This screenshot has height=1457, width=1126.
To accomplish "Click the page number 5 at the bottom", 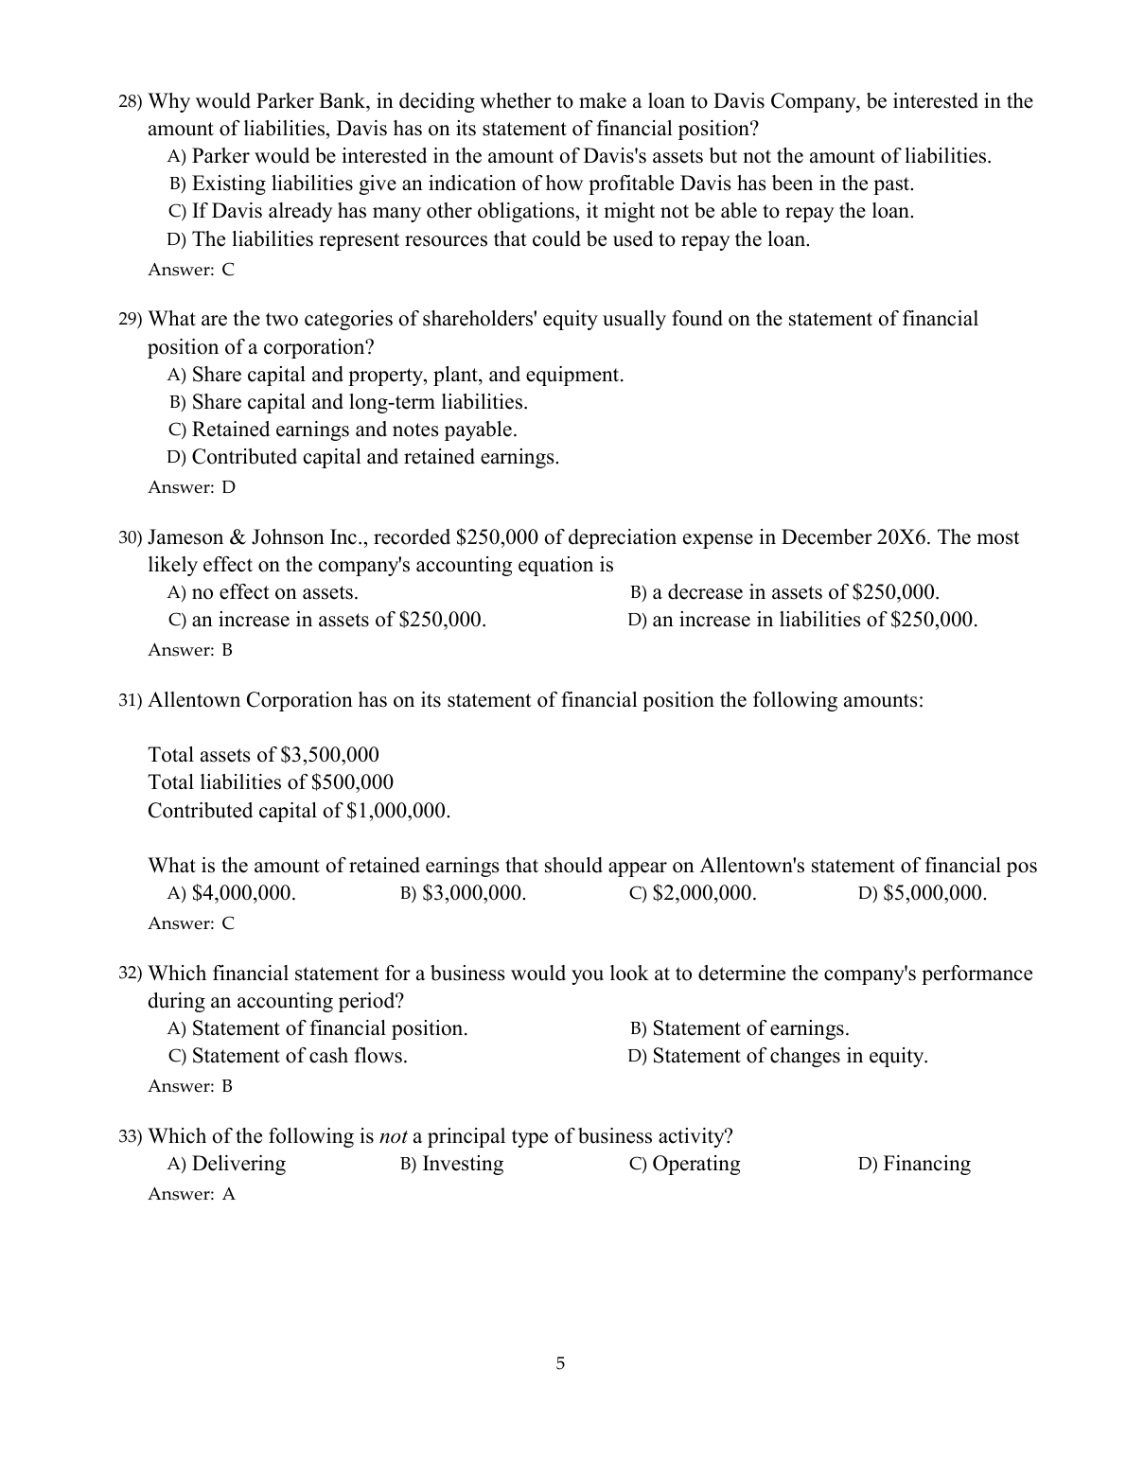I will [560, 1363].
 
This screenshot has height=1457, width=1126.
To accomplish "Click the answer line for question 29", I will [191, 487].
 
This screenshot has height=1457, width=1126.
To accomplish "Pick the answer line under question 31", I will [191, 923].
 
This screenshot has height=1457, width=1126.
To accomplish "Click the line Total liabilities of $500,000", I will [271, 782].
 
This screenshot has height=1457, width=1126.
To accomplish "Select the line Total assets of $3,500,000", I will [263, 755].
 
